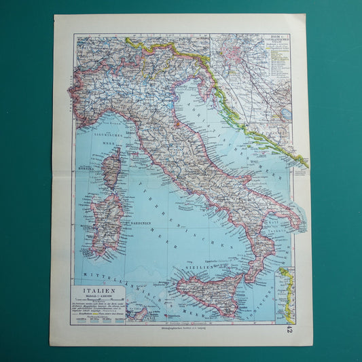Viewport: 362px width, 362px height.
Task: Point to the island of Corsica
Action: (x=111, y=168)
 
